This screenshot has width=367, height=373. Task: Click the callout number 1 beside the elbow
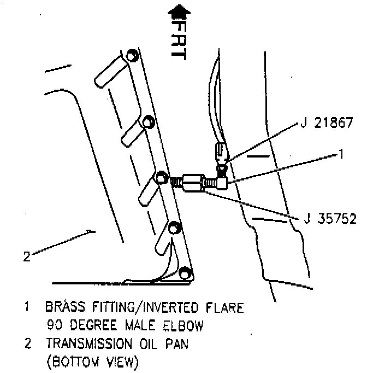click(x=341, y=154)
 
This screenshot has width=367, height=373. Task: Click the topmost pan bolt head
click(x=132, y=56)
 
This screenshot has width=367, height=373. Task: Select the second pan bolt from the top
click(x=147, y=121)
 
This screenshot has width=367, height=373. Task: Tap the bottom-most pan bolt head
click(x=185, y=271)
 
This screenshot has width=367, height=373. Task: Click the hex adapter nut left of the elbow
click(x=194, y=182)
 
